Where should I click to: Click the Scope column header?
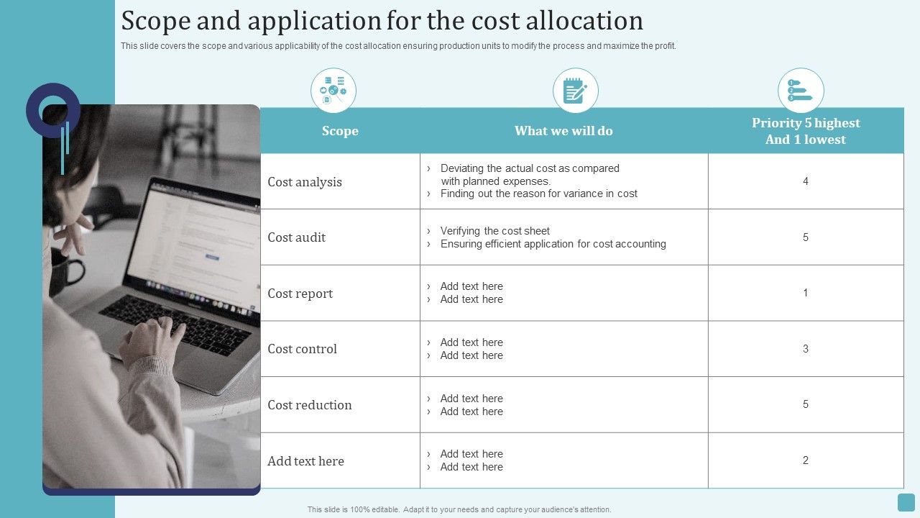point(340,131)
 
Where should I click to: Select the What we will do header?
point(563,131)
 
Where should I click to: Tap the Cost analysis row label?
point(305,182)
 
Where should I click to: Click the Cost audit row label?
point(297,237)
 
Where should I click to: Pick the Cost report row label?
point(300,294)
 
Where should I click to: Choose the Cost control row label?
point(302,349)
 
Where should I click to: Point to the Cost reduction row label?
point(310,405)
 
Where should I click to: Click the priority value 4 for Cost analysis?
point(806,181)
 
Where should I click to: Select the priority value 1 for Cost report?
point(806,293)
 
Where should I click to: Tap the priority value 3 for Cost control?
point(806,349)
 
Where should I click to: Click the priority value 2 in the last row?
point(806,460)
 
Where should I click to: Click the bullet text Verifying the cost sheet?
point(494,231)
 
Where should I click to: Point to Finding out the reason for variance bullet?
point(538,194)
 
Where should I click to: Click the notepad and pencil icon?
point(575,91)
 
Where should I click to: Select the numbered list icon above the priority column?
point(800,91)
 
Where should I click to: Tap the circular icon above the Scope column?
point(333,91)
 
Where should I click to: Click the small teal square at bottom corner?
point(906,502)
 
